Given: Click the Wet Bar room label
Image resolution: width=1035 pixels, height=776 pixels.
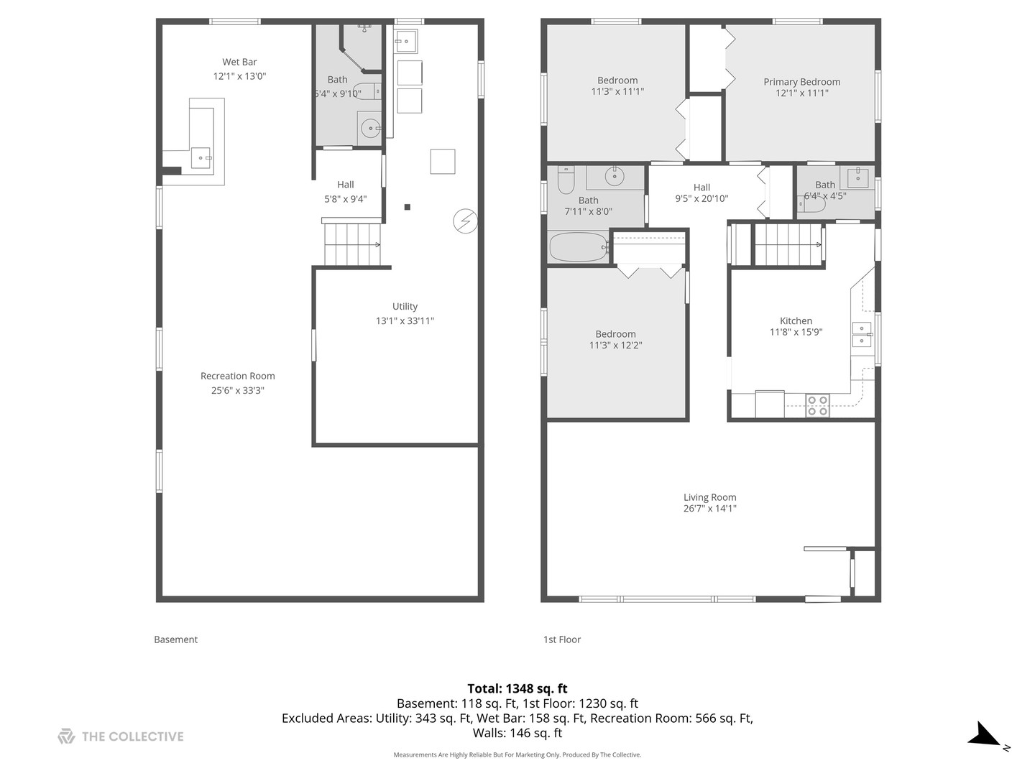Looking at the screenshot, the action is [239, 62].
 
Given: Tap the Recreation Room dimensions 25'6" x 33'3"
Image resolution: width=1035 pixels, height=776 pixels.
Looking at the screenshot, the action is [238, 390].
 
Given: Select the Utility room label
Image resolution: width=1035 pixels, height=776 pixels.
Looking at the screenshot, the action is [405, 306].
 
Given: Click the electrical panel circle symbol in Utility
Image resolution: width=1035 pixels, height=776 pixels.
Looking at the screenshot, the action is [466, 221].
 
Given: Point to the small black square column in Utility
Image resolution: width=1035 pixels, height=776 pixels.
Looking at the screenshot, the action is [408, 207].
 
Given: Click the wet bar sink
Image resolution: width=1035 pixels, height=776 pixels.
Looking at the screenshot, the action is [202, 158].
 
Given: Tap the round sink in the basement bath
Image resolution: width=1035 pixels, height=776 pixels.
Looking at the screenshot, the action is [371, 128].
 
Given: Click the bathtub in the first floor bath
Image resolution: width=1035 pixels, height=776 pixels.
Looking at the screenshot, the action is [579, 247].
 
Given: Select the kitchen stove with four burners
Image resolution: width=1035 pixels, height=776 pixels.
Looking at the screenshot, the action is [817, 405].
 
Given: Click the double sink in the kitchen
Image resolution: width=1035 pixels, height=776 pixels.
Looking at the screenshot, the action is [862, 334].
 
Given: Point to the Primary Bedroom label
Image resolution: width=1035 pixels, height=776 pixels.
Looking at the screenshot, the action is [801, 81].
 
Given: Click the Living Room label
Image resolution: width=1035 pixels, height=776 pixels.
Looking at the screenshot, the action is [709, 497].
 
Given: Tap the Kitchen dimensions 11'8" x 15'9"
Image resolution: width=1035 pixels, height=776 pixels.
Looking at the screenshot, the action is [796, 332].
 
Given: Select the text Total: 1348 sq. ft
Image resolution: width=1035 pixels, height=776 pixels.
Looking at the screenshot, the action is [517, 688].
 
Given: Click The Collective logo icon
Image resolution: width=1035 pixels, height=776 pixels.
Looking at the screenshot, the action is [67, 736].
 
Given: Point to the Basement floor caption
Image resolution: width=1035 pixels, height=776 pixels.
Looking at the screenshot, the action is [176, 639].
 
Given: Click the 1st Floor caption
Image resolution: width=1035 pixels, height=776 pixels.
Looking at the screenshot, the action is [562, 639].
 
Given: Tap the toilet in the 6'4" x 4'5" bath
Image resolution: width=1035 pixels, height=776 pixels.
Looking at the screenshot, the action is [812, 205].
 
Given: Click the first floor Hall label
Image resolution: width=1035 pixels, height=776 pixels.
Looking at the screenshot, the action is [701, 187].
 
